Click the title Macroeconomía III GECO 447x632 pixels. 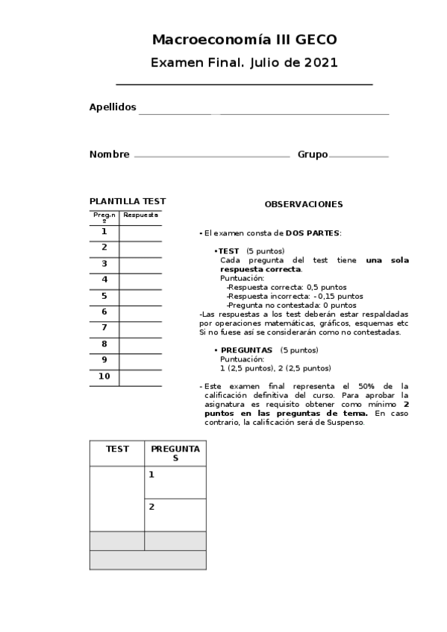click(x=244, y=39)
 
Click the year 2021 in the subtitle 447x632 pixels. click(x=321, y=63)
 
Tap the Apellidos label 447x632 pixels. click(x=113, y=107)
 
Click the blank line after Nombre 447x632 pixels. click(x=212, y=156)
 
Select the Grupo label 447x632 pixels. click(x=313, y=155)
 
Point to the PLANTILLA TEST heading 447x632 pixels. click(x=128, y=201)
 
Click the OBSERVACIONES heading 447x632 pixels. click(x=304, y=204)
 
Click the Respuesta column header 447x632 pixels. click(x=140, y=215)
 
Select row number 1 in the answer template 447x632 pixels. click(x=104, y=232)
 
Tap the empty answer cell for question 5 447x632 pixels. click(x=140, y=297)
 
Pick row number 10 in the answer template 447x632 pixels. click(x=104, y=376)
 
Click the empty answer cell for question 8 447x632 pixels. click(x=140, y=344)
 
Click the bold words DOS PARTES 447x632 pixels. click(x=313, y=233)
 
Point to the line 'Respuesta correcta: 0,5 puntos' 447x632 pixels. click(x=287, y=287)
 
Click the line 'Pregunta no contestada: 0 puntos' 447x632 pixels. click(x=292, y=305)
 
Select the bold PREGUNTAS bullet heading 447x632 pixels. click(x=246, y=350)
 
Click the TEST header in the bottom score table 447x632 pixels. click(x=117, y=449)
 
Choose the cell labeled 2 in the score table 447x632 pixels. click(x=175, y=514)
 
